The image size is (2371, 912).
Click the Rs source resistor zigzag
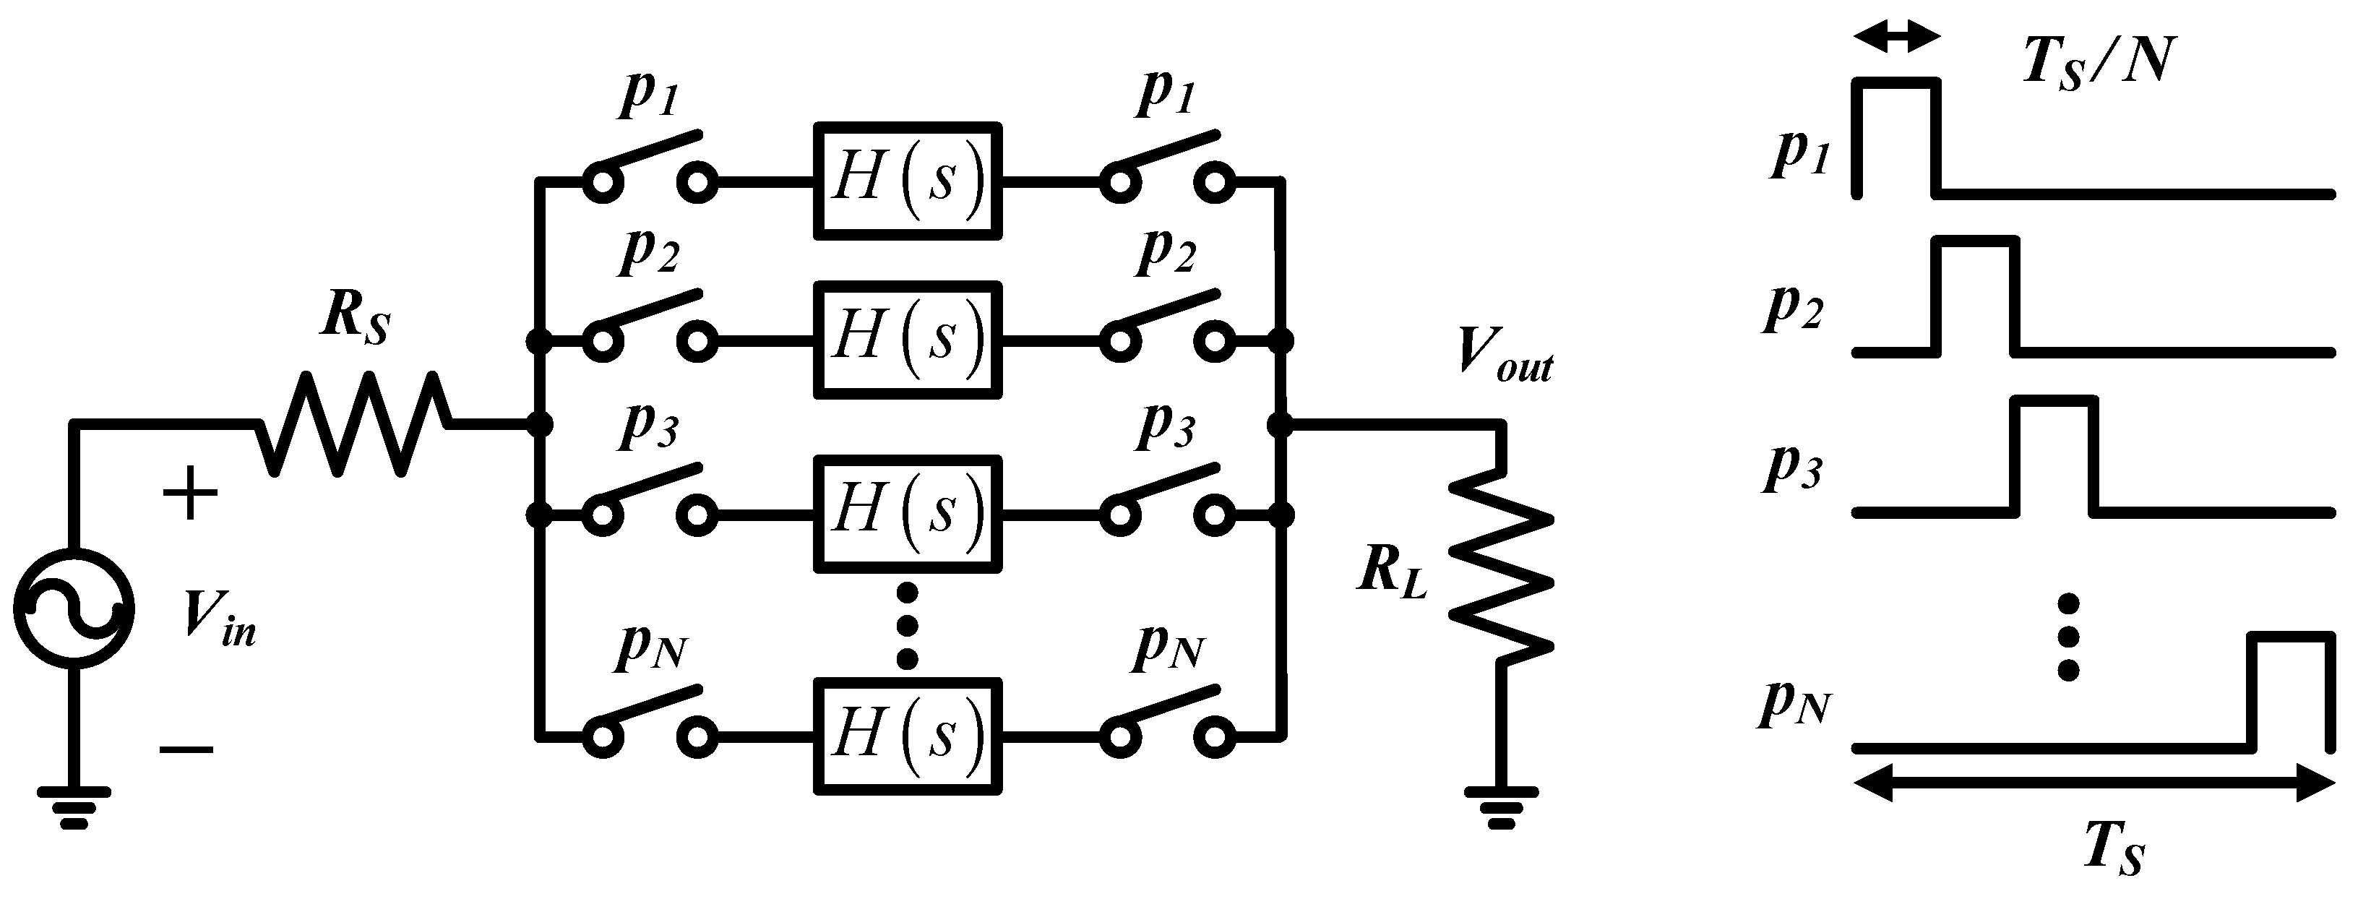click(354, 423)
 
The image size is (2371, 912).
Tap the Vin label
click(219, 616)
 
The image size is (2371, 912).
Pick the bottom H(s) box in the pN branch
click(908, 736)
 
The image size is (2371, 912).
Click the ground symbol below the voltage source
click(74, 808)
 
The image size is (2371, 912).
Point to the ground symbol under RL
click(1500, 808)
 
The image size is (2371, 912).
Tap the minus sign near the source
click(187, 748)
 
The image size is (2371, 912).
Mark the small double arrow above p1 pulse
click(1897, 38)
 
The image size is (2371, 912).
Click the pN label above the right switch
click(1169, 649)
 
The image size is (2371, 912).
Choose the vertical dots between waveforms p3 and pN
click(2068, 637)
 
